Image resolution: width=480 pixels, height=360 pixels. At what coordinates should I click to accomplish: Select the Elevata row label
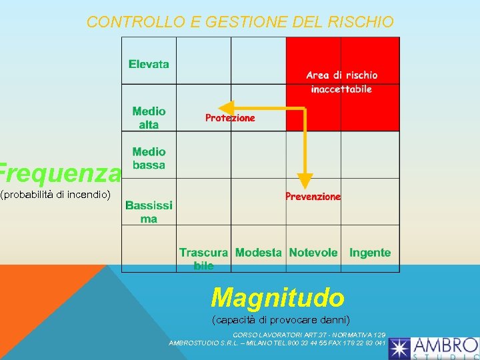click(x=149, y=65)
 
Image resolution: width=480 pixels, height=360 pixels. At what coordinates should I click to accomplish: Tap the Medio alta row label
click(x=149, y=118)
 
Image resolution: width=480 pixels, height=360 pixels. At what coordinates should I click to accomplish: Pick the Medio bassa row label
click(x=149, y=159)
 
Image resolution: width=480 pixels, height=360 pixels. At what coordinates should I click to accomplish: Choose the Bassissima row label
click(x=149, y=212)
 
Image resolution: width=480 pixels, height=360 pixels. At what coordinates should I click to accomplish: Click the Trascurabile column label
click(x=203, y=259)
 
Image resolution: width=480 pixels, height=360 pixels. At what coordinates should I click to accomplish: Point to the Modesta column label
click(x=259, y=253)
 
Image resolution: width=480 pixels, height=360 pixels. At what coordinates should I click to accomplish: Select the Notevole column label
click(x=313, y=253)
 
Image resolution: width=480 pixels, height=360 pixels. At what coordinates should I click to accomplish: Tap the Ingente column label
click(x=370, y=253)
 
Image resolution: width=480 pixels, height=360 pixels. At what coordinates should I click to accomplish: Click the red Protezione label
click(x=230, y=118)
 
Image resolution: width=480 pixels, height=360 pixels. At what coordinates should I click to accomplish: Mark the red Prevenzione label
click(x=313, y=197)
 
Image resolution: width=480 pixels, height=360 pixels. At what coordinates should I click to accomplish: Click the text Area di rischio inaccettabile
click(x=342, y=82)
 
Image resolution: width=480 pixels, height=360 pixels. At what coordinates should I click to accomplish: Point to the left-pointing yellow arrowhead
click(x=227, y=107)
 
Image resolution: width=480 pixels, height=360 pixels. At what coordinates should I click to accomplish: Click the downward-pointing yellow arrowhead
click(x=305, y=181)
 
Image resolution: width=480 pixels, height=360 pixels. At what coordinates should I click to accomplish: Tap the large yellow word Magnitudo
click(x=277, y=297)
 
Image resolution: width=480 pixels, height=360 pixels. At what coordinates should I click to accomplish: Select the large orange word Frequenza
click(x=60, y=173)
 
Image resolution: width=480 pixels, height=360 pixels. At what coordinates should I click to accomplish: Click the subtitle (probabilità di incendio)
click(x=56, y=195)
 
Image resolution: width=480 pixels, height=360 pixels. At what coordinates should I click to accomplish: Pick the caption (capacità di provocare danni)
click(x=281, y=319)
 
